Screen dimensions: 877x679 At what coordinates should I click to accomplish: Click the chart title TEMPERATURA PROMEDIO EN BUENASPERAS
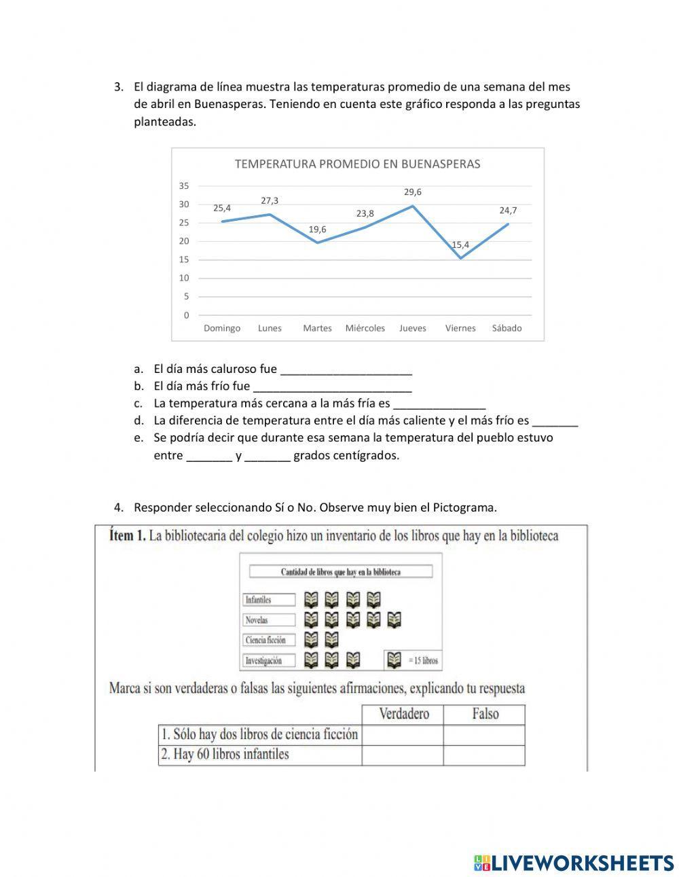tap(357, 164)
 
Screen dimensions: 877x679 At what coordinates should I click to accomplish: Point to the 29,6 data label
tap(412, 192)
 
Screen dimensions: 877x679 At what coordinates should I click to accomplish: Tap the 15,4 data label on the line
tap(460, 245)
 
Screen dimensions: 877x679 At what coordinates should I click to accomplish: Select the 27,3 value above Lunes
tap(270, 200)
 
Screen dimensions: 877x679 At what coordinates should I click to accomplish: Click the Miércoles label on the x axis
tap(365, 328)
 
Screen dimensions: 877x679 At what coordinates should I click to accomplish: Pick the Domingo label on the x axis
tap(222, 328)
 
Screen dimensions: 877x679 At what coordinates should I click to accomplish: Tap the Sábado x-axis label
tap(507, 328)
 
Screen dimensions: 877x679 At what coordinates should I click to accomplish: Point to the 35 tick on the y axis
tap(184, 185)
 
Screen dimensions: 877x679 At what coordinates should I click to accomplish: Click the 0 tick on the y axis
tap(186, 315)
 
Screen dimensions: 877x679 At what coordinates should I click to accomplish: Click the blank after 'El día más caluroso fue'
tap(346, 370)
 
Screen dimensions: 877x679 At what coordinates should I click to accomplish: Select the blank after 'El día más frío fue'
tap(332, 387)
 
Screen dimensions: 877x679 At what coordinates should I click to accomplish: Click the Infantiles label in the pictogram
tap(269, 600)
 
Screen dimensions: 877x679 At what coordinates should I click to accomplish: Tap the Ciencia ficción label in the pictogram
tap(269, 640)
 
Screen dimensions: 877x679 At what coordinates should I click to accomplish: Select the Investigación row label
tap(269, 660)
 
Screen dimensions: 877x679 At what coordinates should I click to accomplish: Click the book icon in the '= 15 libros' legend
tap(394, 660)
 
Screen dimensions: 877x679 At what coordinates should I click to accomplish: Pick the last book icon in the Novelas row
tap(394, 620)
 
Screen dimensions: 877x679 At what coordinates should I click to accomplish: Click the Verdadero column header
tap(403, 714)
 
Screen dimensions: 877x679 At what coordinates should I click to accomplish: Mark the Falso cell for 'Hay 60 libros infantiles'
tap(484, 755)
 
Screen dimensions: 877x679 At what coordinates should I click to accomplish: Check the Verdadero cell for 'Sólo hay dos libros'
tap(403, 735)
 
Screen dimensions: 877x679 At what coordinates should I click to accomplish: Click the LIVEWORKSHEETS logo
tap(574, 863)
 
